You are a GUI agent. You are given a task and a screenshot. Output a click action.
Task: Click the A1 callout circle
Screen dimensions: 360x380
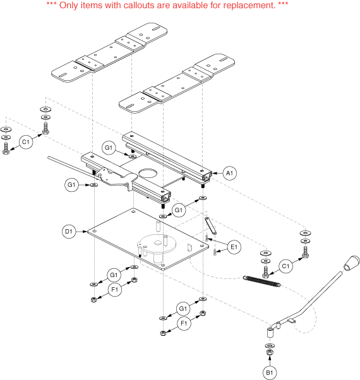(x=229, y=174)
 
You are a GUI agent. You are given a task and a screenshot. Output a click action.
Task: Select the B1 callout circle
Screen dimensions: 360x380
(x=270, y=372)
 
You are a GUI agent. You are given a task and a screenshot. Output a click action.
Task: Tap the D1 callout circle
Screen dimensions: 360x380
(x=69, y=232)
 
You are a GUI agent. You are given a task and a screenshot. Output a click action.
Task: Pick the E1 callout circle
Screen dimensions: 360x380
(x=234, y=247)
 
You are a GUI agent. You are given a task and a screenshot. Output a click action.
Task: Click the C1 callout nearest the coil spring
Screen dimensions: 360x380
(x=285, y=266)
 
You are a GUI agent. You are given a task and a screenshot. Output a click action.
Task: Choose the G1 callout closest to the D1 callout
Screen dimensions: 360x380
(x=71, y=185)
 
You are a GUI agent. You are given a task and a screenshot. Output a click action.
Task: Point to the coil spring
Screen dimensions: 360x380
(x=262, y=281)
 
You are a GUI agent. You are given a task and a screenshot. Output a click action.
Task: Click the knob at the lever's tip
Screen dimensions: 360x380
(x=352, y=263)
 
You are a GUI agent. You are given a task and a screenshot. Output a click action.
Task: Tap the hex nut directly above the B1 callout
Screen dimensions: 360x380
(x=270, y=352)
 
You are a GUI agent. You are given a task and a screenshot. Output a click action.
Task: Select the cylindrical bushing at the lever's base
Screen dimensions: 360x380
(x=270, y=332)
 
